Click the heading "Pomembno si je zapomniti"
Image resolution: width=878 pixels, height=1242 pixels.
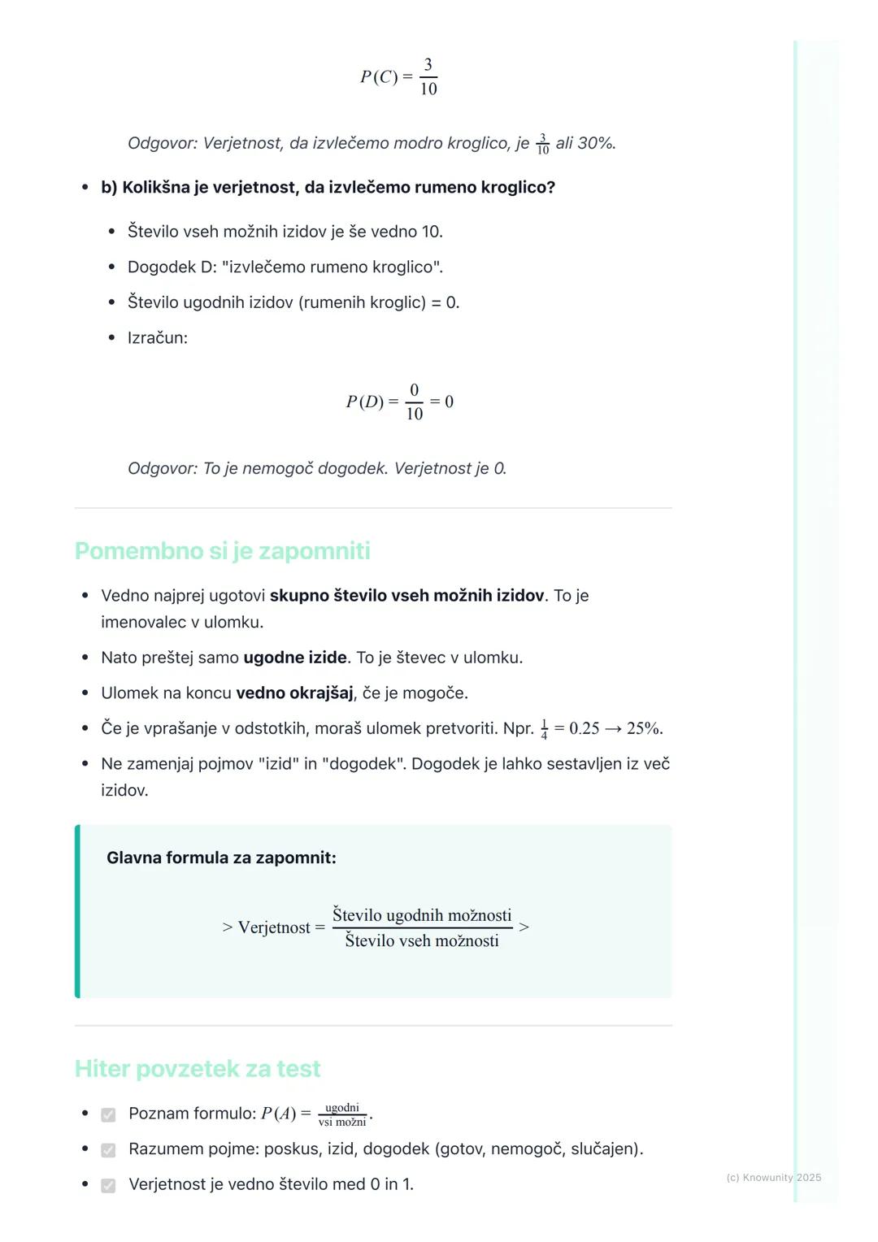coord(222,551)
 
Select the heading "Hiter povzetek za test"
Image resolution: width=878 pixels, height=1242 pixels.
coord(198,1069)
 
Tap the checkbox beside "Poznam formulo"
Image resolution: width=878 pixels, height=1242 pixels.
coord(108,1114)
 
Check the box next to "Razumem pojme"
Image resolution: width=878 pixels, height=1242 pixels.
coord(108,1150)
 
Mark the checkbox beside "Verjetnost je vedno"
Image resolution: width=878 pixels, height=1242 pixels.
coord(108,1185)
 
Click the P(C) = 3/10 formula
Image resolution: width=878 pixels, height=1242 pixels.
coord(399,77)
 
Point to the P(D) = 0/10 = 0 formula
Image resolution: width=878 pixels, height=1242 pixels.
coord(399,402)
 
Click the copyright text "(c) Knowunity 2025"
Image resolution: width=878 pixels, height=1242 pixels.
coord(773,1177)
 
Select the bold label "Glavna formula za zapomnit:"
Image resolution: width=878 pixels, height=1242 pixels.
coord(221,858)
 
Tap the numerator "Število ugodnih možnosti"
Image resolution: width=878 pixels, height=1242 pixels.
coord(422,915)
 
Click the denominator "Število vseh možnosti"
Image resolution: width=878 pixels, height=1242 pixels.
coord(422,940)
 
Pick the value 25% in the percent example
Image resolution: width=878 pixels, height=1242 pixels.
coord(644,728)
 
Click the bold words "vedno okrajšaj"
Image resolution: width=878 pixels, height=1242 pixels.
coord(294,693)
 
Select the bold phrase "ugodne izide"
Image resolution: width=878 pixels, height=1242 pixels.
coord(295,658)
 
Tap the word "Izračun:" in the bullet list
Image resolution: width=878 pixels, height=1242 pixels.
coord(158,338)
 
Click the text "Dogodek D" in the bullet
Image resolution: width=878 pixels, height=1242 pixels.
coord(167,267)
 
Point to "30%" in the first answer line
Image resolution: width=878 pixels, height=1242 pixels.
coord(595,143)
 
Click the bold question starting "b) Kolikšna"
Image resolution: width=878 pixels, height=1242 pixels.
coord(328,188)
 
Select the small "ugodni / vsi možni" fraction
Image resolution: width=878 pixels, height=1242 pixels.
coord(342,1114)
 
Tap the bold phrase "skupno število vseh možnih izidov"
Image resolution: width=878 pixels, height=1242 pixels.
coord(406,596)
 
